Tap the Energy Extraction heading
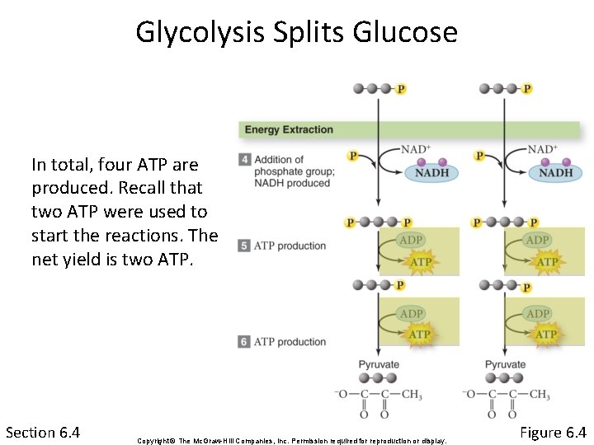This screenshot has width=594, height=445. pos(289,129)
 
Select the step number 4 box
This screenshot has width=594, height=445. pos(244,160)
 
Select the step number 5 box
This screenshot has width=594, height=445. pos(244,246)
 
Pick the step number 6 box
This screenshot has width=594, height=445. pos(244,341)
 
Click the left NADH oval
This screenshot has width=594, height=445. pos(431,172)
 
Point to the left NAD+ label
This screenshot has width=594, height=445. pos(416,149)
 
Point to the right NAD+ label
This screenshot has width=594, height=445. pos(541,149)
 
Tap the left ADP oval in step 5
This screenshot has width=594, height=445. pos(412,241)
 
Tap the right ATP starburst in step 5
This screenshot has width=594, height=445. pos(547,262)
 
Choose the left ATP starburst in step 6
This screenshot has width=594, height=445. pos(420,335)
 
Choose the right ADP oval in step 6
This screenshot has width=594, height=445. pos(538,313)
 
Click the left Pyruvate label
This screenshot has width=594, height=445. pos(379,364)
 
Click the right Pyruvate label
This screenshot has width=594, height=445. pos(505,364)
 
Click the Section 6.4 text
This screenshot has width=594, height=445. pos(43,433)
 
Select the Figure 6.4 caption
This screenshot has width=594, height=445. pos(553,433)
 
